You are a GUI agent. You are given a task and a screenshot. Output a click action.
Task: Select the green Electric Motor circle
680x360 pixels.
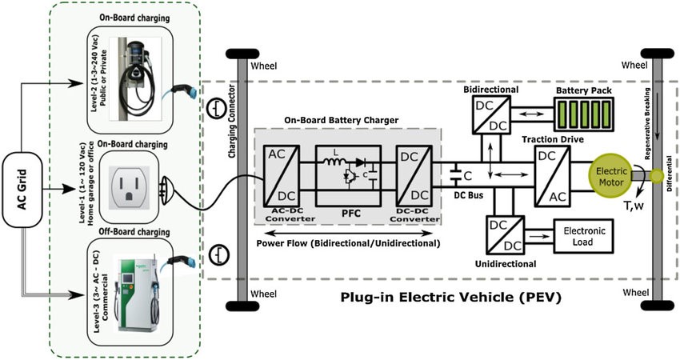pos(610,176)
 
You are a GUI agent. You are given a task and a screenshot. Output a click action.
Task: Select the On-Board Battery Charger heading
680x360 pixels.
pos(344,120)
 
